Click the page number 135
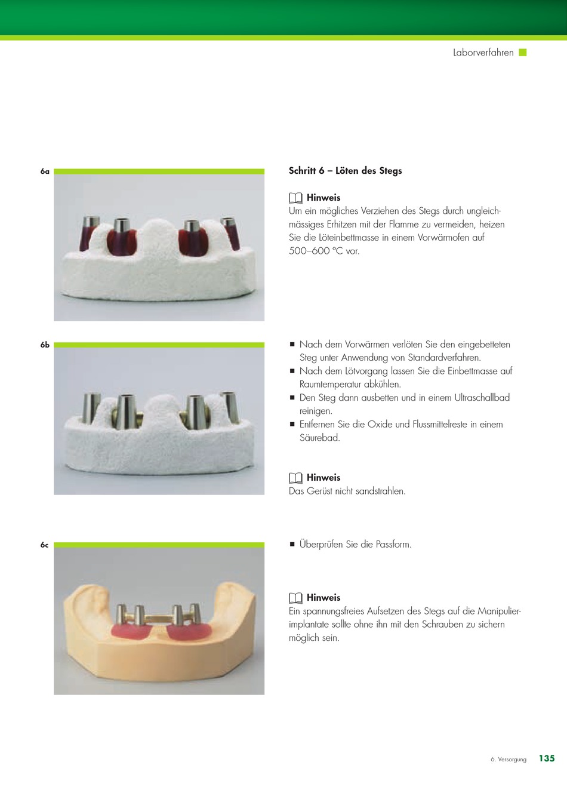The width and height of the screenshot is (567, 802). point(547,758)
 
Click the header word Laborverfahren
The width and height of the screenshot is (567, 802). point(483,53)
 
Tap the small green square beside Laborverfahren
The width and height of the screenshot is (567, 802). point(523,53)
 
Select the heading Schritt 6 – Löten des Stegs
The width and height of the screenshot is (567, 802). point(345,171)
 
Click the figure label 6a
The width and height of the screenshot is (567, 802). point(45,171)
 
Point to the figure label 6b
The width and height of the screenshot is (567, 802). point(45,345)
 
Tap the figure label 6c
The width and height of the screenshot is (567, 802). point(44,545)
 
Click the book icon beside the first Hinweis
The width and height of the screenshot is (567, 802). point(295,198)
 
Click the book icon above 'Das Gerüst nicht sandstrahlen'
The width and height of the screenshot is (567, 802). point(295,478)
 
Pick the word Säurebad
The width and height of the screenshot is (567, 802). point(319,438)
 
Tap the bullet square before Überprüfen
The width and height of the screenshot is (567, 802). point(292,544)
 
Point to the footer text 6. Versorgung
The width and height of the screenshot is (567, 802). point(509,759)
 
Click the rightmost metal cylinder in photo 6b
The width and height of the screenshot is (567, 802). point(230,407)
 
